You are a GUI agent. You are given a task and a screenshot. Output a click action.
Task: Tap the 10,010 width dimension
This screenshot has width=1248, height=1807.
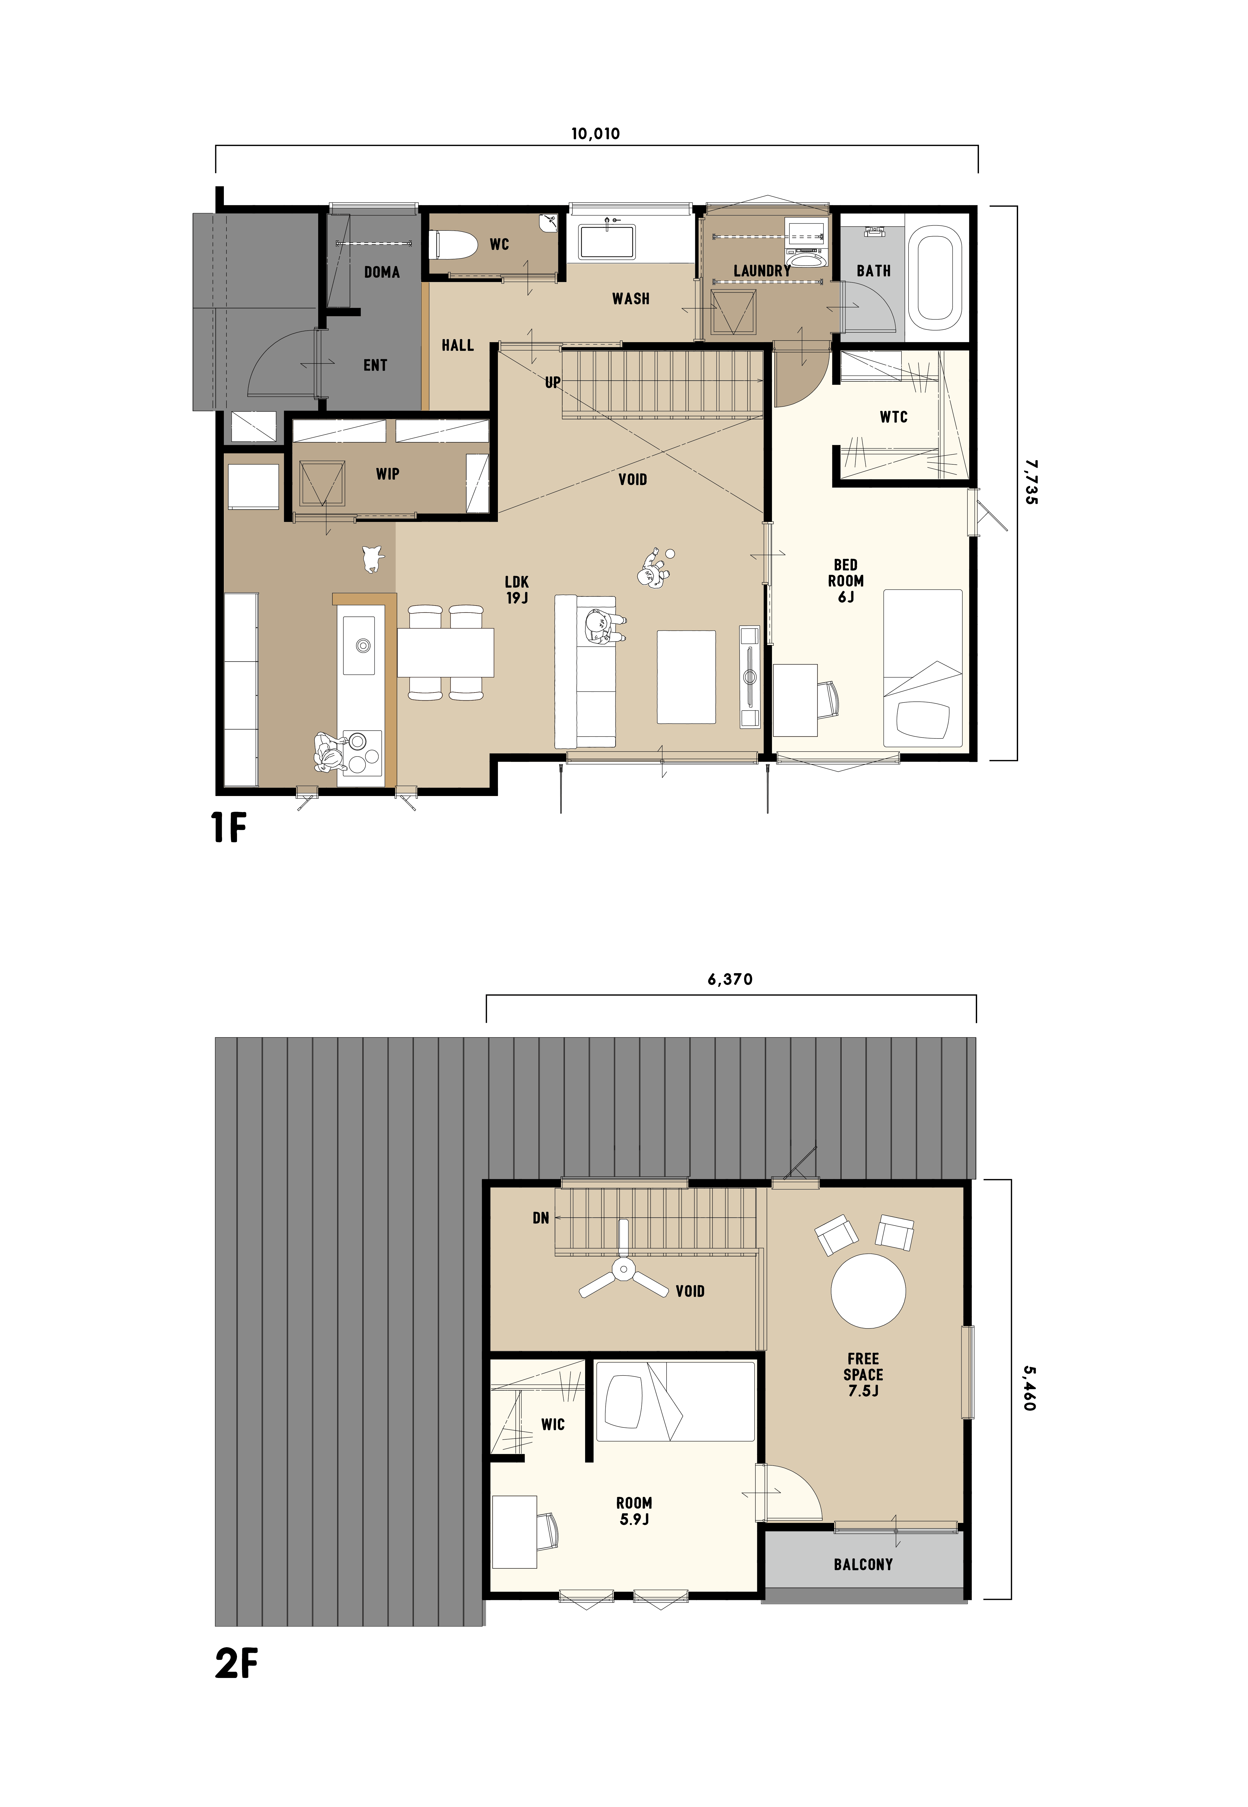click(x=596, y=134)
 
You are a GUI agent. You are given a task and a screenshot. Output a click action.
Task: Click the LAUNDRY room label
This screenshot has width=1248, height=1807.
click(x=762, y=270)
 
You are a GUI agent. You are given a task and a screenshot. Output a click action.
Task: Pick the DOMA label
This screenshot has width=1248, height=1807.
click(x=381, y=272)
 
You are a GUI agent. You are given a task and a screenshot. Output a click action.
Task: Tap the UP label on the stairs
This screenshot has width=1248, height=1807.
click(x=553, y=382)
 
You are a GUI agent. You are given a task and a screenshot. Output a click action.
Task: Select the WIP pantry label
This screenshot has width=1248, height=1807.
click(x=388, y=474)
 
